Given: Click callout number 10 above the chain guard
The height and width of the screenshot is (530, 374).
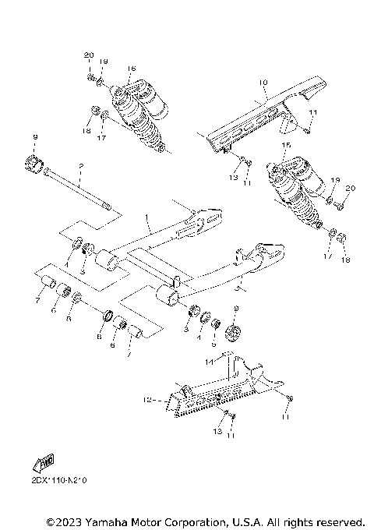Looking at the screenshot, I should (263, 82).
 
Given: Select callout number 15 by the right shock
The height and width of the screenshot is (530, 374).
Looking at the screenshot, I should (285, 146).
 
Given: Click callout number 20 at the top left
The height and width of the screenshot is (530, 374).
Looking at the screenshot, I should (88, 54).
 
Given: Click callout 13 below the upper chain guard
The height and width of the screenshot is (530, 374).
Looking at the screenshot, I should (231, 178).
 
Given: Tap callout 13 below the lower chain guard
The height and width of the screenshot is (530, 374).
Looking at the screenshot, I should (218, 429).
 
